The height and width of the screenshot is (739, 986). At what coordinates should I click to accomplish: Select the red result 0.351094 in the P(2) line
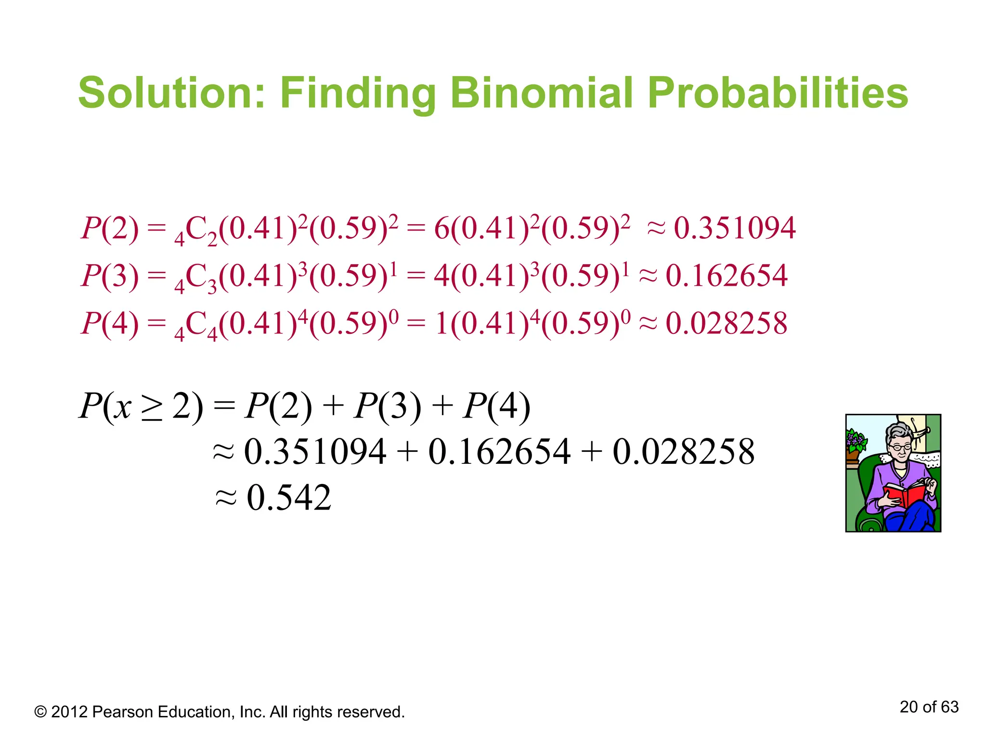(x=734, y=228)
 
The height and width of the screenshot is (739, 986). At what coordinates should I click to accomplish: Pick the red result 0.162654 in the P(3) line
(x=727, y=276)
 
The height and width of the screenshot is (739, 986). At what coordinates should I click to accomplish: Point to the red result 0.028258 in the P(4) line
(x=727, y=323)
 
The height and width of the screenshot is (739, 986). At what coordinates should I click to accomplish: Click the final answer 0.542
(x=289, y=497)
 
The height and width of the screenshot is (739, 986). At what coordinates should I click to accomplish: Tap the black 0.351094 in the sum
(x=315, y=452)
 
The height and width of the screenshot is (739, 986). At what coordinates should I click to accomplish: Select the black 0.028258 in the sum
(x=683, y=452)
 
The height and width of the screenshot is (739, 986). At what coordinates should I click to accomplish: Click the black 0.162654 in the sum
(x=499, y=452)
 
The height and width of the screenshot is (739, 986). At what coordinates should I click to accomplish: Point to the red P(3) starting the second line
(x=110, y=276)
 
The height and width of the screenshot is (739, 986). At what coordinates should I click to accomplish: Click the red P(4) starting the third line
(x=110, y=323)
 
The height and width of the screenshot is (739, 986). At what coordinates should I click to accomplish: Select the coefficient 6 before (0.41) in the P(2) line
(x=441, y=228)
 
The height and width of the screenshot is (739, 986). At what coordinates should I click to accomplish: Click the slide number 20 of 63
(x=929, y=707)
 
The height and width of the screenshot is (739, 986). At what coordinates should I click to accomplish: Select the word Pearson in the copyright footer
(x=123, y=712)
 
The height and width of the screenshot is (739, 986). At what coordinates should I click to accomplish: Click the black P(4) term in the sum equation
(x=496, y=407)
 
